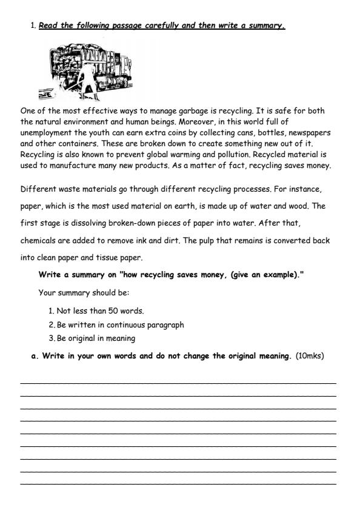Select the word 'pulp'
[208, 240]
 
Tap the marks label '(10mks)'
[310, 355]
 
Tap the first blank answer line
[178, 382]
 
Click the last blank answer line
[178, 483]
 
